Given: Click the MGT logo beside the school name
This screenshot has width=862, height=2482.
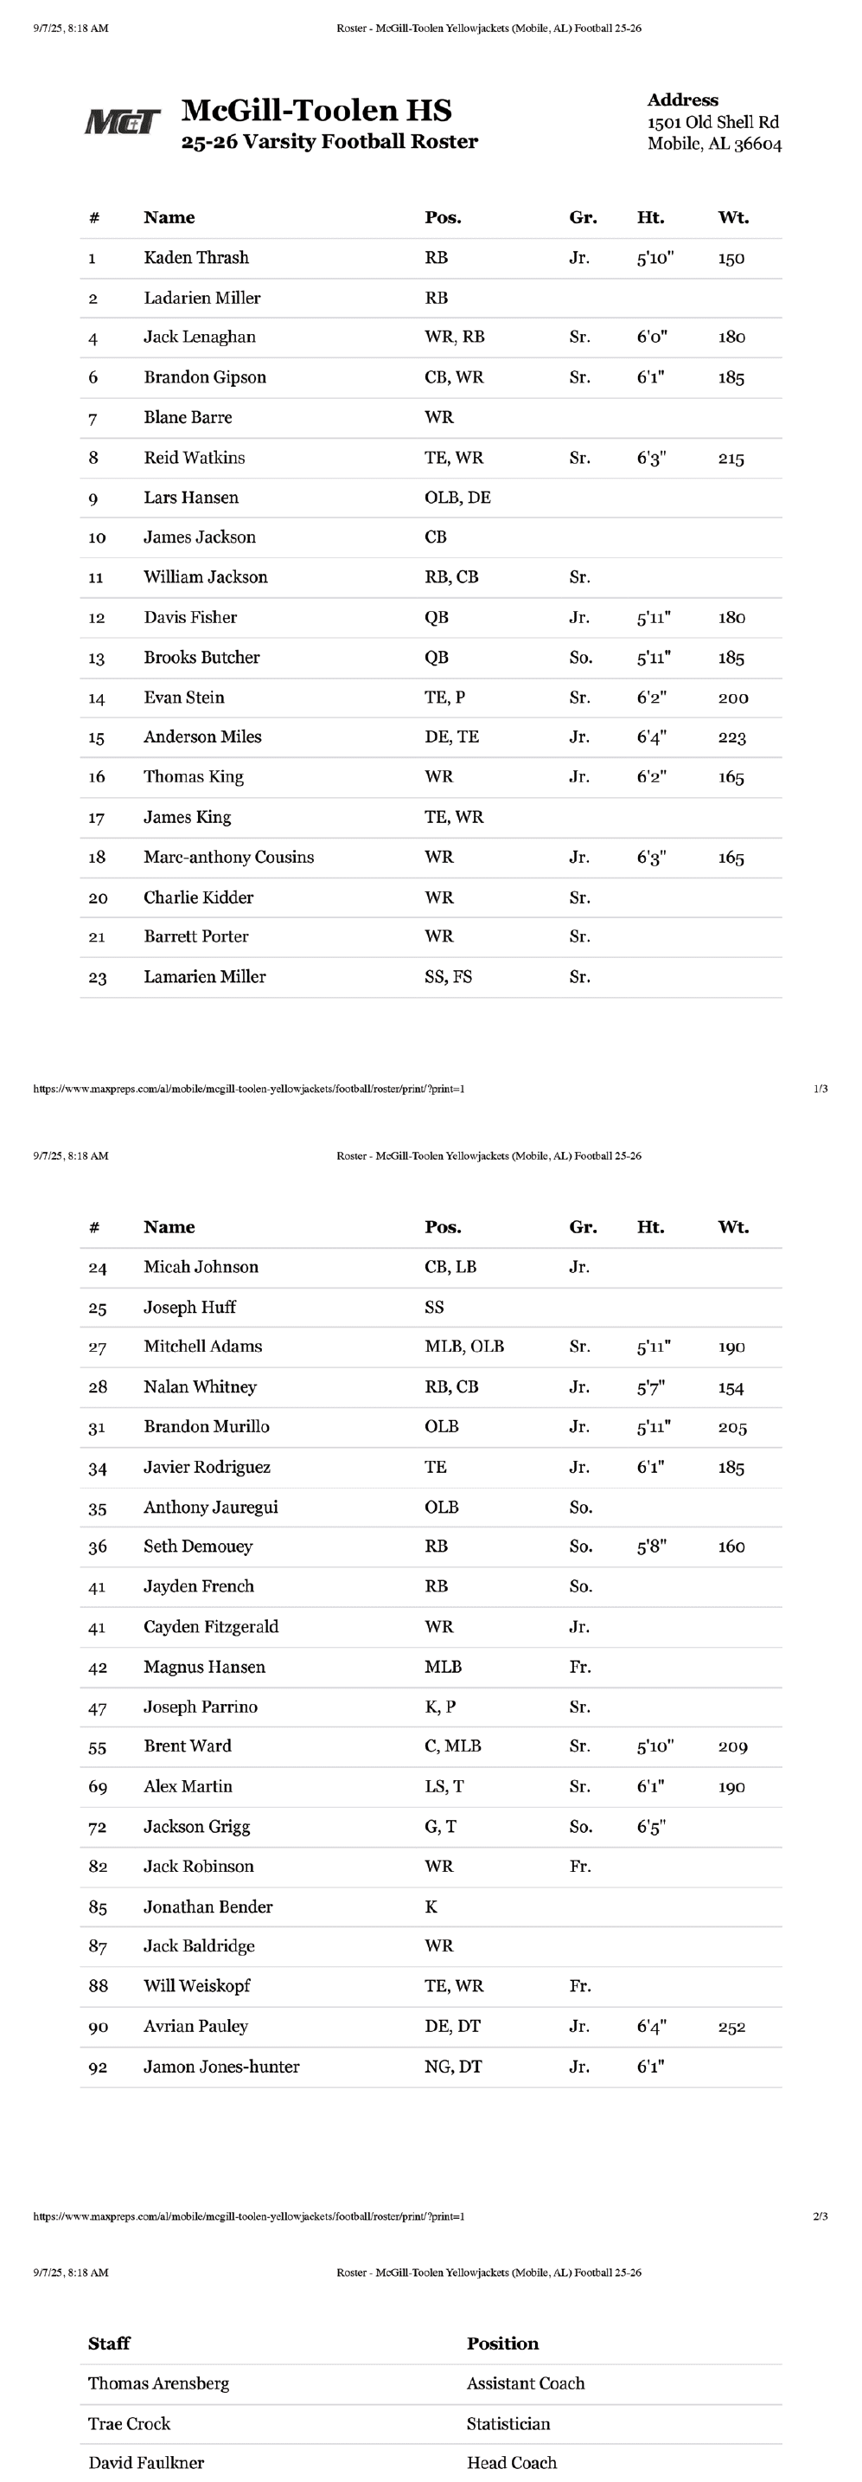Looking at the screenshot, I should point(122,121).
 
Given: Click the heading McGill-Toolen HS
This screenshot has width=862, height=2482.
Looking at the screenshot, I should point(316,110).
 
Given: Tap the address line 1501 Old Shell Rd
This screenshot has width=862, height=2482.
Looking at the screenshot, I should point(712,122).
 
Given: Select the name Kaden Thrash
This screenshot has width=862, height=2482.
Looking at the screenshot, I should point(195,257).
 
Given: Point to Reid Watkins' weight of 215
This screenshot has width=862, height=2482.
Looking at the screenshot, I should point(731,459).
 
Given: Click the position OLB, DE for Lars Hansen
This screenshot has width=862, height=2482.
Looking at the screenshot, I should point(457,497).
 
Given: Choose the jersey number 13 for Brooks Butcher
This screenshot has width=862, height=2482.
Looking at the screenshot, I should point(96,658).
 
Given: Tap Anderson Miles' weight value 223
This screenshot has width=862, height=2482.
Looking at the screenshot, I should point(732,737).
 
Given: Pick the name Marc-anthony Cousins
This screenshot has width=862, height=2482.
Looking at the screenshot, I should point(228,857).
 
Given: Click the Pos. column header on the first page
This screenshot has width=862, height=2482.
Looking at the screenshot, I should point(442,218).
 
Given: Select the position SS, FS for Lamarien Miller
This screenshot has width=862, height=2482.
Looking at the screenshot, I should point(448,976).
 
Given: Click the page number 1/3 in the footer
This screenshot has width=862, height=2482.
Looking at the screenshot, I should point(820,1089).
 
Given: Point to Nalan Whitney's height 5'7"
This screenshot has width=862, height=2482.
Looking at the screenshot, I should point(650,1387).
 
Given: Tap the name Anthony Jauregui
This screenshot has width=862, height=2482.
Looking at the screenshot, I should point(210,1507).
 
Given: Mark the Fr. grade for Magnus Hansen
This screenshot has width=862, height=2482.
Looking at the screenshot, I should point(580,1667).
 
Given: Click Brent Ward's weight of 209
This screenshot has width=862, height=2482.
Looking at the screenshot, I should point(732,1746).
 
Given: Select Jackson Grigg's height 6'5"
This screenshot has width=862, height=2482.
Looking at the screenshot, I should point(651,1827).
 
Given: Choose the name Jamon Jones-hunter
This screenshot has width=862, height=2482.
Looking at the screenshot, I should point(220,2067).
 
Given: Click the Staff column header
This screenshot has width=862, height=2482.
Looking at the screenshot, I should point(109,2344).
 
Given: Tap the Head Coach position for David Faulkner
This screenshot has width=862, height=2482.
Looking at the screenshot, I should point(512,2462).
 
